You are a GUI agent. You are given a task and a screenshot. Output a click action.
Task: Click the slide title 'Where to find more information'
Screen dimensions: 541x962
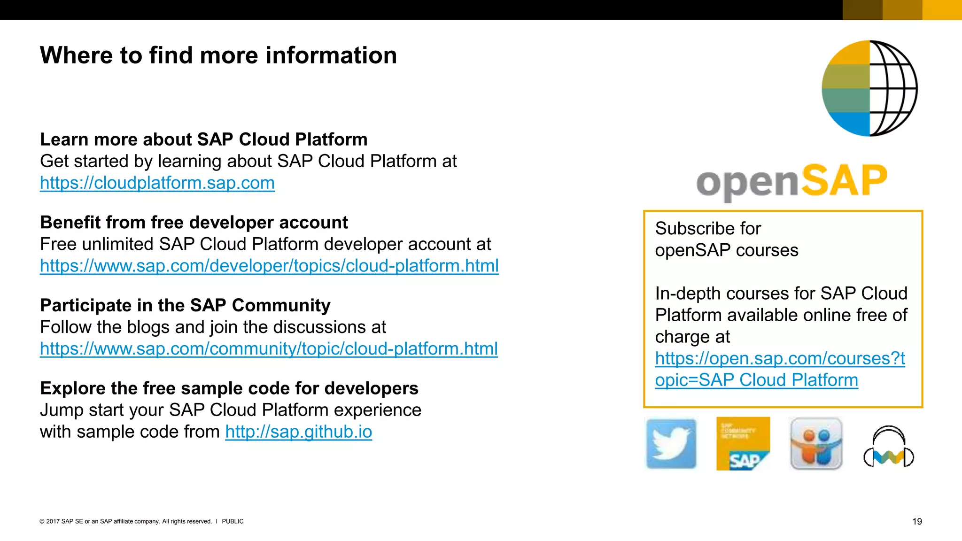218,55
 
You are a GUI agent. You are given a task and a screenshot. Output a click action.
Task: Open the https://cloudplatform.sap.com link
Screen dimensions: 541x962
157,183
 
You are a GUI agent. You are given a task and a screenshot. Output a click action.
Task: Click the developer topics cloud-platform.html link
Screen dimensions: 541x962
269,266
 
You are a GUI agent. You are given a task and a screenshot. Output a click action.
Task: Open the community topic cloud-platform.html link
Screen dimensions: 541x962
269,349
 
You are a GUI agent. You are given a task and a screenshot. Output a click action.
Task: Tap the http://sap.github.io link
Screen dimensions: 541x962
299,432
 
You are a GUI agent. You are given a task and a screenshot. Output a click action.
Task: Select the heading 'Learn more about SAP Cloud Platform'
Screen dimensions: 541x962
203,139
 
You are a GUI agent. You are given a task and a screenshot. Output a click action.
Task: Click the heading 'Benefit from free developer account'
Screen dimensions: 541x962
194,223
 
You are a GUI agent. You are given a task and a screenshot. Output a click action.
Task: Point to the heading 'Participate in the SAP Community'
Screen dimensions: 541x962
185,306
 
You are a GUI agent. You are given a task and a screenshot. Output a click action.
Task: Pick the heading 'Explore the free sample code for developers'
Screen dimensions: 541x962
229,388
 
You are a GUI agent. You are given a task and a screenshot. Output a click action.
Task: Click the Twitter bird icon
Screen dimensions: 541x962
671,444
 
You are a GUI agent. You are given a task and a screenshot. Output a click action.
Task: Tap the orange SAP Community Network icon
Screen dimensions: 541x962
743,444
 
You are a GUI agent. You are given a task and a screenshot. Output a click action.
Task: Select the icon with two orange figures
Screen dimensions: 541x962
816,444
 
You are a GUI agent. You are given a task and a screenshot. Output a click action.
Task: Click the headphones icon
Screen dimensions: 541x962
889,447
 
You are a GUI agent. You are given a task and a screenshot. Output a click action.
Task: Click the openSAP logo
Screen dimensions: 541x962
791,181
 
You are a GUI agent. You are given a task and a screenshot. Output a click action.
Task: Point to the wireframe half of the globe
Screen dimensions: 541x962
892,88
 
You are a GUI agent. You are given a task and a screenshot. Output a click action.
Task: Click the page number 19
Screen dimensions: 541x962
917,521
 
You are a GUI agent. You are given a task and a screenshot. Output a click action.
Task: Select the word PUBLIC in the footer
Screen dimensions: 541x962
233,521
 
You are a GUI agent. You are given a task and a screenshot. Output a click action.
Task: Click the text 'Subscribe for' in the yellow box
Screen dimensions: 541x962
708,229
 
